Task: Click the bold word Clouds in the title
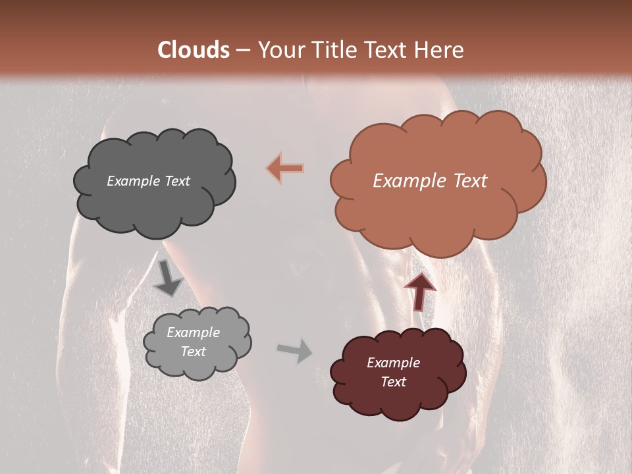pyautogui.click(x=194, y=50)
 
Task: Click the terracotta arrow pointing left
pyautogui.click(x=285, y=169)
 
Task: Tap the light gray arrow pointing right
pyautogui.click(x=295, y=352)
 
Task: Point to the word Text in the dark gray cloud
pyautogui.click(x=177, y=181)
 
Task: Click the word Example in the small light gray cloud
pyautogui.click(x=193, y=332)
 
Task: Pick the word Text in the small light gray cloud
pyautogui.click(x=193, y=352)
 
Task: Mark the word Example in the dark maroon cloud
pyautogui.click(x=393, y=363)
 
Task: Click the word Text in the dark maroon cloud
pyautogui.click(x=393, y=382)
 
